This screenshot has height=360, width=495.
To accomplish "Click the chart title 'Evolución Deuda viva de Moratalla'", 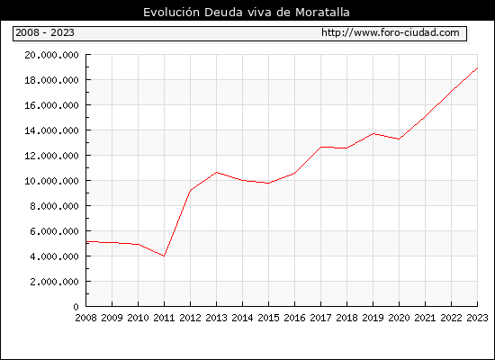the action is tap(247, 13).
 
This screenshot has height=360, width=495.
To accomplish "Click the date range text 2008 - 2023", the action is tap(45, 32).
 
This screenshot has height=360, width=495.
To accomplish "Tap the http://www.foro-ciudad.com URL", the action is tap(391, 32).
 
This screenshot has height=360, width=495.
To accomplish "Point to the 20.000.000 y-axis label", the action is tap(51, 55).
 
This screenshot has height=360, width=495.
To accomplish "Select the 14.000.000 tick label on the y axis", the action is tap(51, 130).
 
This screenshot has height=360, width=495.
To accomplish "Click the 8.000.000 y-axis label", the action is tap(54, 206).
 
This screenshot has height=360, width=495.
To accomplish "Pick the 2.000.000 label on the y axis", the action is tap(54, 282).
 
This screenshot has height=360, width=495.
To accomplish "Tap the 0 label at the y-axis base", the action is tap(76, 307).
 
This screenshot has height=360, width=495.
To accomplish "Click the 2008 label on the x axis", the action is tap(85, 318).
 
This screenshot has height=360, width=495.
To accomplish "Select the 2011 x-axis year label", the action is tap(164, 318).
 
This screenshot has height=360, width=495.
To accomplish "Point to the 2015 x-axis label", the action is tap(269, 318).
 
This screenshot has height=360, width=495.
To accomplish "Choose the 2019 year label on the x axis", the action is tap(373, 318).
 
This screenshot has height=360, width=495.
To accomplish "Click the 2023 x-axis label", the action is tap(477, 318).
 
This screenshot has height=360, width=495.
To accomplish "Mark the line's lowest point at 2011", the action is tap(164, 256).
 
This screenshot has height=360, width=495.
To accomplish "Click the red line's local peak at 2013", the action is tap(217, 172).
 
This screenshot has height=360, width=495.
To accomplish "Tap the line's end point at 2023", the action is tap(477, 67).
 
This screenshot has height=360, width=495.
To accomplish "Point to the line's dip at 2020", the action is tap(399, 139).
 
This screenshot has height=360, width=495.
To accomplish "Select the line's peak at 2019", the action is tap(373, 133).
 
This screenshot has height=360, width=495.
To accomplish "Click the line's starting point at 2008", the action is tap(86, 241).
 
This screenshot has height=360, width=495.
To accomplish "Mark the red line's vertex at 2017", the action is tap(320, 147).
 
